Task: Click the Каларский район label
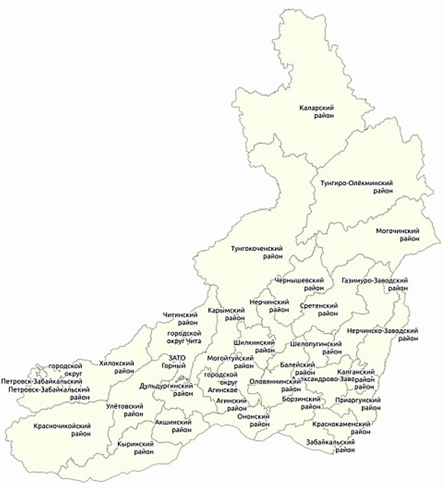318,113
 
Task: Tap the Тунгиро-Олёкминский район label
356,187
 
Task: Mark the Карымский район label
226,313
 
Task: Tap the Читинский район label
180,319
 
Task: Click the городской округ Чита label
185,337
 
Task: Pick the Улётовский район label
125,409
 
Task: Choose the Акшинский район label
173,426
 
